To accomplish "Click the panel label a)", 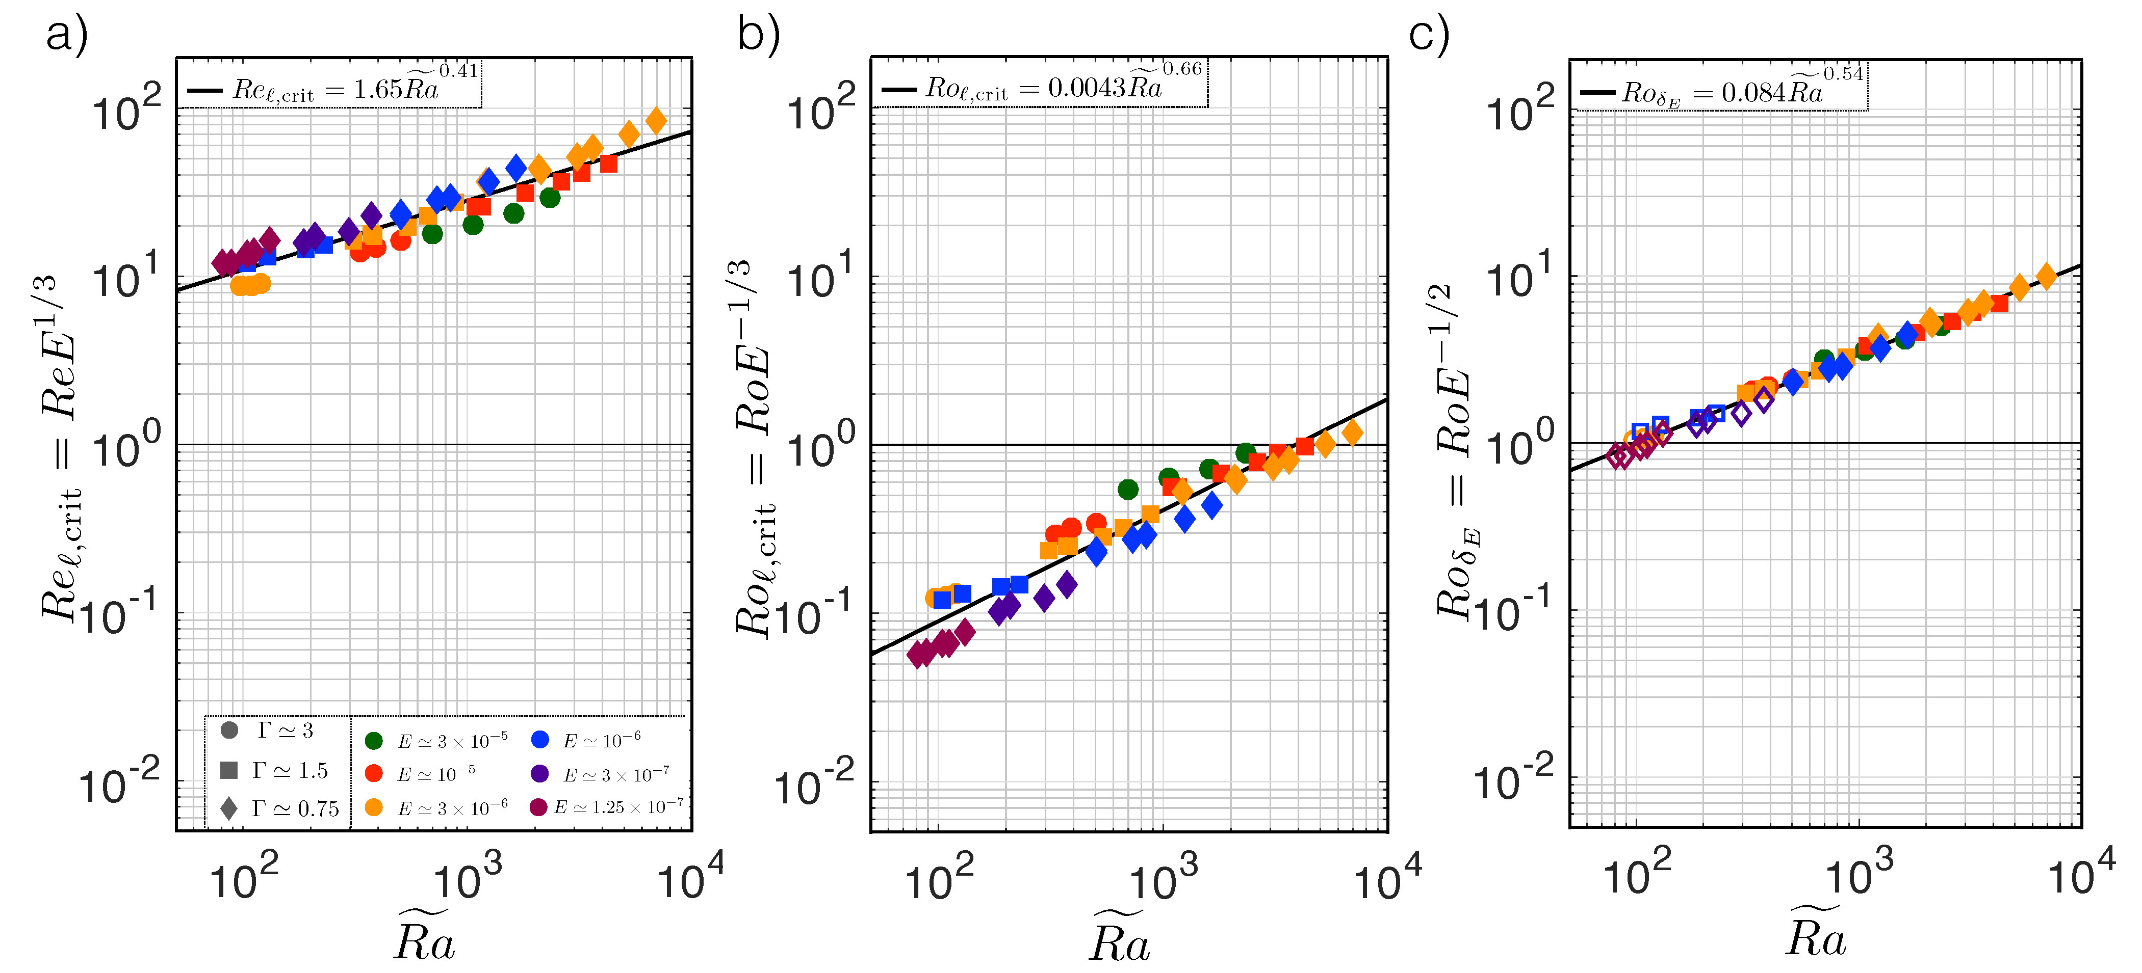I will [66, 36].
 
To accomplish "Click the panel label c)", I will [1429, 36].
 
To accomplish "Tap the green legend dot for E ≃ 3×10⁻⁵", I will [374, 740].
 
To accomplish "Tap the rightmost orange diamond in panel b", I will [1352, 432].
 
